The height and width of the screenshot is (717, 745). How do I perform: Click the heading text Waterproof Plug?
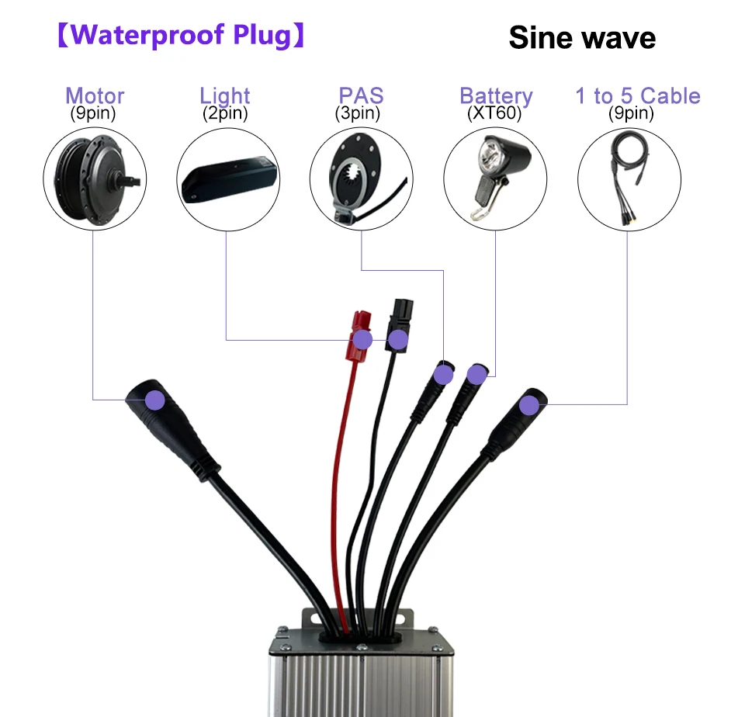tap(181, 36)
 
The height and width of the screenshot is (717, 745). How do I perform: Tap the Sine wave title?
tap(582, 37)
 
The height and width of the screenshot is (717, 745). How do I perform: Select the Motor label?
tap(95, 95)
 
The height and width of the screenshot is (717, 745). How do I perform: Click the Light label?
tap(225, 95)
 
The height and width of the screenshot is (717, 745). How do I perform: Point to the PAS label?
tap(361, 95)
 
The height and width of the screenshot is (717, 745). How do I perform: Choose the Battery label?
tap(496, 96)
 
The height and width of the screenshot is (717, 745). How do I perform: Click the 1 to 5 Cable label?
tap(637, 96)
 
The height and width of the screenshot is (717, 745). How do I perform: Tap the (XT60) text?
tap(494, 113)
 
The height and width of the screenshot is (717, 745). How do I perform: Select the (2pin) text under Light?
tap(225, 113)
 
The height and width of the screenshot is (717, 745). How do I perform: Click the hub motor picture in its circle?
tap(93, 178)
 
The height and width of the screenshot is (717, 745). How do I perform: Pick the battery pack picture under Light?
tap(228, 178)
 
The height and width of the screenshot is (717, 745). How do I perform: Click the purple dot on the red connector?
tap(362, 340)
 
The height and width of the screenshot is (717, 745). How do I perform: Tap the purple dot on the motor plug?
tap(155, 400)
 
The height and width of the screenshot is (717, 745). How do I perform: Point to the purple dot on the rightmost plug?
tap(529, 405)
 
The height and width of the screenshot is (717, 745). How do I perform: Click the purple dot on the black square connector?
tap(398, 339)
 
